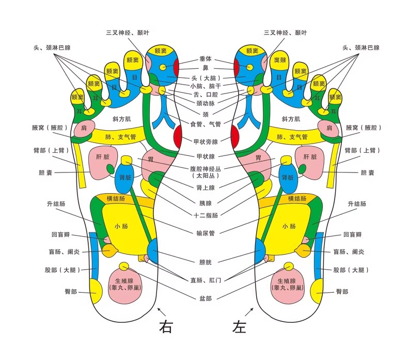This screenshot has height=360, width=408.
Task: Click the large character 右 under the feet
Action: click(x=166, y=326)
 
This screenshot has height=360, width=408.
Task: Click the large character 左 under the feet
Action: click(x=240, y=326)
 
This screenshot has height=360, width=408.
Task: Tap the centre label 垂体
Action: click(x=206, y=59)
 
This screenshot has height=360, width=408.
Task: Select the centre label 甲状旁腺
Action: click(x=206, y=142)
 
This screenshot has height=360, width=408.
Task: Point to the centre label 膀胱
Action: click(x=206, y=262)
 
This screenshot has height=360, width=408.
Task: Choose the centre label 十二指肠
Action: click(x=206, y=215)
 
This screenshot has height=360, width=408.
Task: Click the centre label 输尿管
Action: click(x=206, y=233)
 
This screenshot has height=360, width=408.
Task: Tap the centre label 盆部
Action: click(x=206, y=299)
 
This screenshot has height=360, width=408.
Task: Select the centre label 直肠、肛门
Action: click(x=206, y=280)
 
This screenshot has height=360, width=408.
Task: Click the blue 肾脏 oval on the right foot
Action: click(x=124, y=177)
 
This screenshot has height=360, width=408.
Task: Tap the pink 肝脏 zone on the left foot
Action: click(x=310, y=162)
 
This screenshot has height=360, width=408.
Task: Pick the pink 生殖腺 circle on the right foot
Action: click(x=124, y=285)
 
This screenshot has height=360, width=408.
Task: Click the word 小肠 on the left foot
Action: click(x=289, y=226)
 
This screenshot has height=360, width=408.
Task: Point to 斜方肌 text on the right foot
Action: click(x=121, y=119)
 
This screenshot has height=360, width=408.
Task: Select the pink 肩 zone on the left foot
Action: click(x=329, y=128)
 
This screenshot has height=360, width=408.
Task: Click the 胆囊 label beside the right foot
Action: click(x=45, y=173)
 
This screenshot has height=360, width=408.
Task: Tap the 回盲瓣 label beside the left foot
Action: click(x=352, y=234)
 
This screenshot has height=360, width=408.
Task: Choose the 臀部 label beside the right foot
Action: click(x=71, y=291)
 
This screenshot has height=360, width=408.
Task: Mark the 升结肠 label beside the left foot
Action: click(x=357, y=204)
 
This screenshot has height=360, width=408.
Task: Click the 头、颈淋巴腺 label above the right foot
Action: click(x=52, y=48)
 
